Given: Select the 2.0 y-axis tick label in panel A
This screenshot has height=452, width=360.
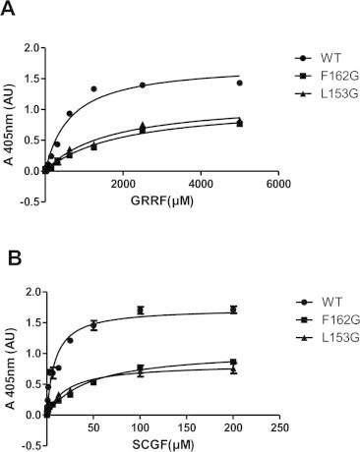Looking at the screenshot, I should click(30, 46).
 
